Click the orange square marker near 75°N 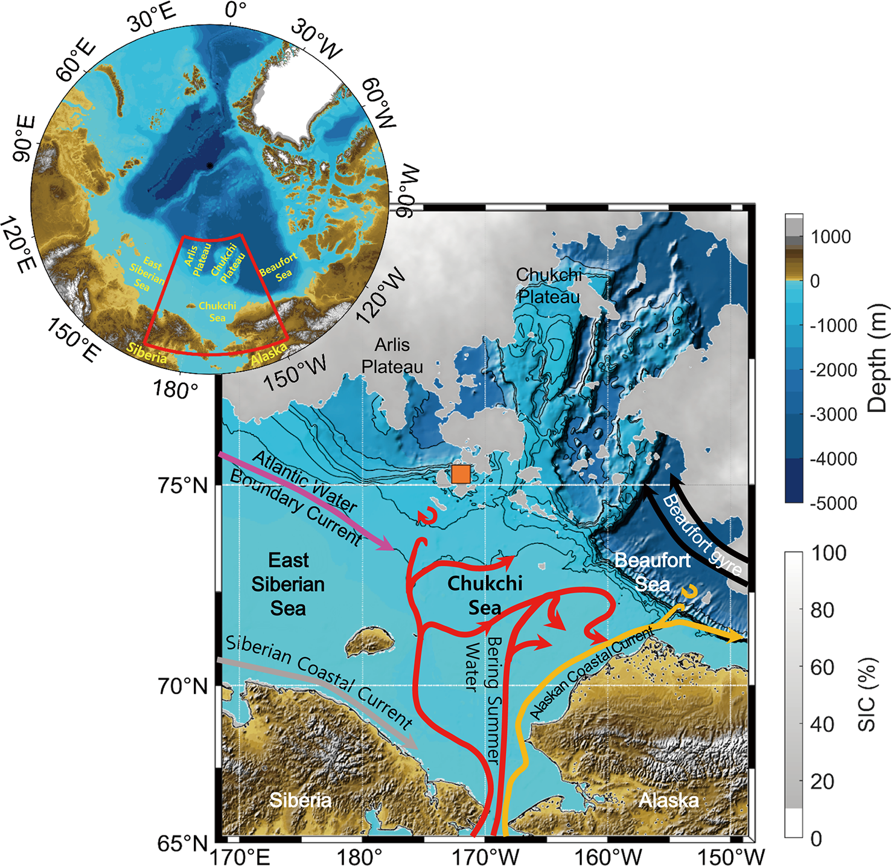tap(461, 474)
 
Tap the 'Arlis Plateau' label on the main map tap(392, 356)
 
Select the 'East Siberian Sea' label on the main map tap(289, 584)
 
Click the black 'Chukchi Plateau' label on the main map tap(548, 286)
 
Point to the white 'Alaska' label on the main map tap(669, 800)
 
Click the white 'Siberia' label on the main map tap(300, 800)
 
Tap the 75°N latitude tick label tap(183, 485)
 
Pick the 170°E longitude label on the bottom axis tap(240, 856)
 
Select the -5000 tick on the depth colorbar tap(834, 503)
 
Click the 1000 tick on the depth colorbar tap(831, 237)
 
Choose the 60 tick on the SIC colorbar tap(822, 667)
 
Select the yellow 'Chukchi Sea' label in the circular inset tap(217, 312)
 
